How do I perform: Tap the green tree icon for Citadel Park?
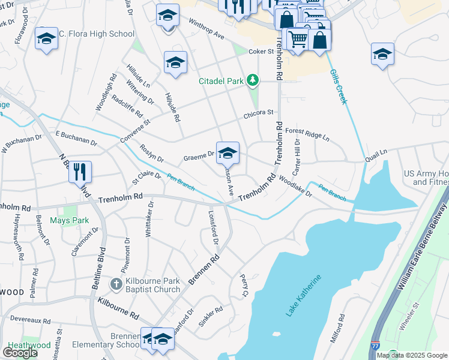tap(253, 80)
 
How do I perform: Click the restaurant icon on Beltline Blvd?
tap(80, 172)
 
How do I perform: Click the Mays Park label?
tap(69, 220)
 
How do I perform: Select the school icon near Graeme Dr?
tap(228, 154)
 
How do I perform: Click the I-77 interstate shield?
tap(375, 346)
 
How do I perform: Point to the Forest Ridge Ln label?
tap(307, 134)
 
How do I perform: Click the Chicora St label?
tap(258, 113)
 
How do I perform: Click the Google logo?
tap(20, 352)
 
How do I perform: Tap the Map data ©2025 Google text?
tap(412, 355)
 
